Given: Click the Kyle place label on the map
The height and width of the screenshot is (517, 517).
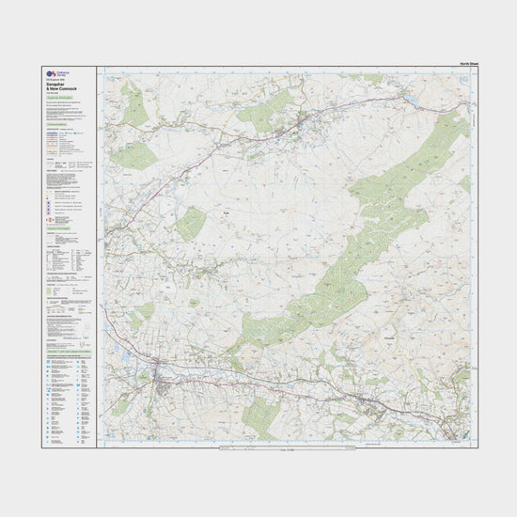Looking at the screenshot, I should pos(226,215).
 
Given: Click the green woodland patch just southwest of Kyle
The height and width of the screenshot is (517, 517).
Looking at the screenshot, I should pos(192,224).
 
